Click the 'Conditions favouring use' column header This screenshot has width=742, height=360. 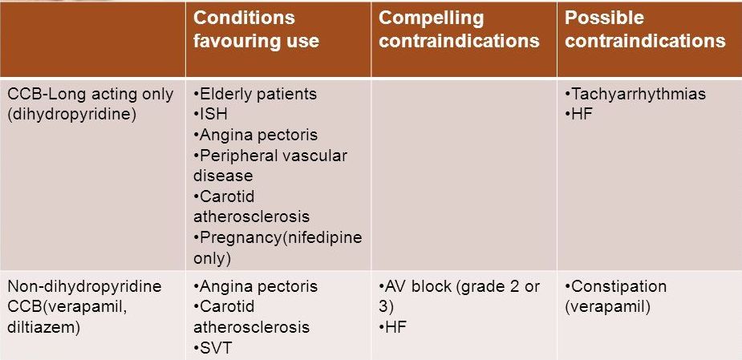point(256,30)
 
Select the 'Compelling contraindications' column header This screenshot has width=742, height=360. point(459,30)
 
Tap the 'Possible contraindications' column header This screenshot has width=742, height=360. point(645,30)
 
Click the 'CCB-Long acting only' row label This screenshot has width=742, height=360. point(91,94)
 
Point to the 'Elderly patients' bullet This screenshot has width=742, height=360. point(255,94)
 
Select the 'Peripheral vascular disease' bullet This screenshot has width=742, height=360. point(270,166)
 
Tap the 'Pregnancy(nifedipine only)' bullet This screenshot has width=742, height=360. point(278,248)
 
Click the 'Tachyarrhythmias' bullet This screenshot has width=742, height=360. point(635,94)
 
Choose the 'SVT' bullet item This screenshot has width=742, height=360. point(213,349)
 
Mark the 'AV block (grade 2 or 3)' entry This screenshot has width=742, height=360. point(459,296)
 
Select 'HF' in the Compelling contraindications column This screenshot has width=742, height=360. point(392,327)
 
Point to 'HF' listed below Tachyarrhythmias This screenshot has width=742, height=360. point(578,115)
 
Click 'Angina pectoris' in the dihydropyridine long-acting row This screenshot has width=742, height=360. point(255,136)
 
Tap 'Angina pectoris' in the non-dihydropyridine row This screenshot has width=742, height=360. point(255,287)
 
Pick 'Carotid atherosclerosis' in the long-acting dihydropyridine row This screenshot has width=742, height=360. point(251,206)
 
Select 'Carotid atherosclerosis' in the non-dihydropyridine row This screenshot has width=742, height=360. point(251,317)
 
